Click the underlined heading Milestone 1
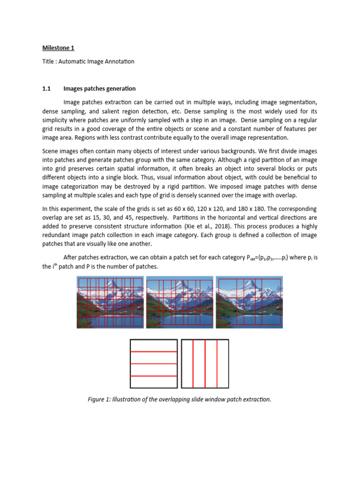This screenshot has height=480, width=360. click(58, 48)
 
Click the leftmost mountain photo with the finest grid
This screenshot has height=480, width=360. click(111, 302)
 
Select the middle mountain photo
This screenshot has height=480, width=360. click(180, 302)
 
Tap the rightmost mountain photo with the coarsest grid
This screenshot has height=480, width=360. click(249, 302)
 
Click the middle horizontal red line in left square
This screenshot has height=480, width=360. click(153, 364)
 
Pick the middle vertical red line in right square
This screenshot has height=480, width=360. click(205, 364)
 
